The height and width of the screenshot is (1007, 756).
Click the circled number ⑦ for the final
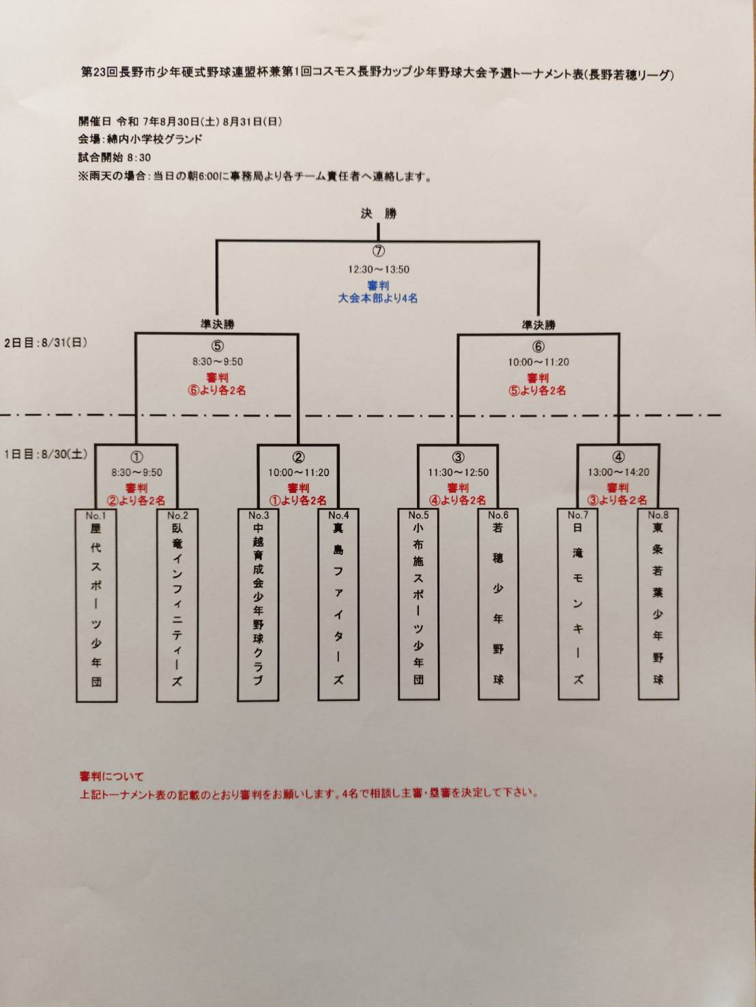tap(378, 251)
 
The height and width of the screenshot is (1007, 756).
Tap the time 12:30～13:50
tap(378, 269)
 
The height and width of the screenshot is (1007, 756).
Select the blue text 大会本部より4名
tap(378, 298)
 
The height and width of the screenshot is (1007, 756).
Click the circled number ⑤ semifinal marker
tap(217, 346)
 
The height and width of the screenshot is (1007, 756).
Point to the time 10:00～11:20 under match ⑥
tap(538, 362)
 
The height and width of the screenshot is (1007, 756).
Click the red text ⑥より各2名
tap(217, 391)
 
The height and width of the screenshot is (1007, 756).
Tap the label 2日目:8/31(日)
tap(46, 343)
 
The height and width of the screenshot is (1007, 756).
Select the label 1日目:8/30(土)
tap(46, 454)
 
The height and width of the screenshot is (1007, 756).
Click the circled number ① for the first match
tap(136, 457)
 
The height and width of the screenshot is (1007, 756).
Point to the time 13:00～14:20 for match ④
tap(618, 472)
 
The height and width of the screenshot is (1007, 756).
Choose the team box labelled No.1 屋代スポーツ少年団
tap(96, 605)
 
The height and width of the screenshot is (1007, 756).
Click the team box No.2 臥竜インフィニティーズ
tap(177, 605)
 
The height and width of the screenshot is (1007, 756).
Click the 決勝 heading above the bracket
tap(378, 213)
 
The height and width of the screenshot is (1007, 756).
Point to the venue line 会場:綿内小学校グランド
tap(140, 139)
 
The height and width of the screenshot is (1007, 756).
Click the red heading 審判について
tap(111, 776)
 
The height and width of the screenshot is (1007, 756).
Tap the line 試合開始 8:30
tap(114, 157)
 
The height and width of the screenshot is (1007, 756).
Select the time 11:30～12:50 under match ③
tap(458, 472)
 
